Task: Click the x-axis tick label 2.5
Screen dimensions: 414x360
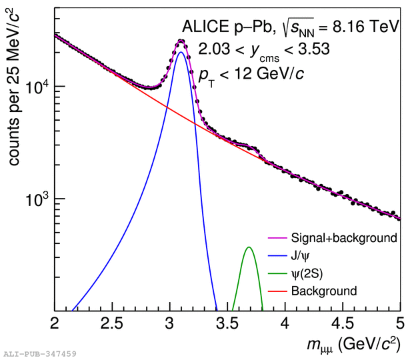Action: [112, 323]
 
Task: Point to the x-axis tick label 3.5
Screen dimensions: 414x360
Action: [227, 323]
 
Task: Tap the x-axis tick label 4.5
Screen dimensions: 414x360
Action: [343, 323]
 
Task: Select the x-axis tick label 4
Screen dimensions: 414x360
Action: [285, 323]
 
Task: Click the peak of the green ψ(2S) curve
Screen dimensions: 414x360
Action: [249, 247]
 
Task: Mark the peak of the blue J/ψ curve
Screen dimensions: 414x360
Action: [181, 52]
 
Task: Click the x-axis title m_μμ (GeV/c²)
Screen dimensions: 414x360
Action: [354, 345]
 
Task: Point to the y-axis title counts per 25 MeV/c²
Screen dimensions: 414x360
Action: [13, 87]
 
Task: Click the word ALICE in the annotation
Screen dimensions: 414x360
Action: [206, 27]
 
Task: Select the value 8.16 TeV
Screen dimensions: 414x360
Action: [365, 27]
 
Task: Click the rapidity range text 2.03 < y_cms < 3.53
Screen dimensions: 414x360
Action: [264, 50]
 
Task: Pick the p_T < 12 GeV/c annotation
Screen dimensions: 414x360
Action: [251, 75]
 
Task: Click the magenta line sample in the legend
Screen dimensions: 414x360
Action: [277, 238]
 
